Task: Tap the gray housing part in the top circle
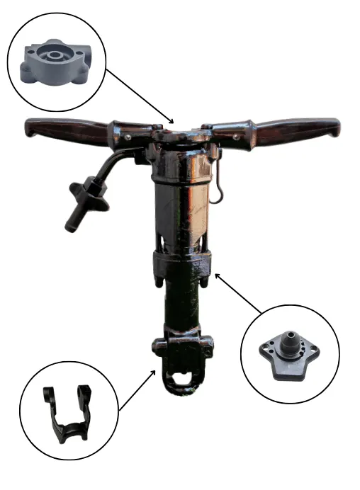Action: [54, 60]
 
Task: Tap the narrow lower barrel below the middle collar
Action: [181, 304]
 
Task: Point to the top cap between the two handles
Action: [180, 134]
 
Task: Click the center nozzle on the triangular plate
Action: [291, 336]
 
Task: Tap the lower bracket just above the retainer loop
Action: [181, 348]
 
